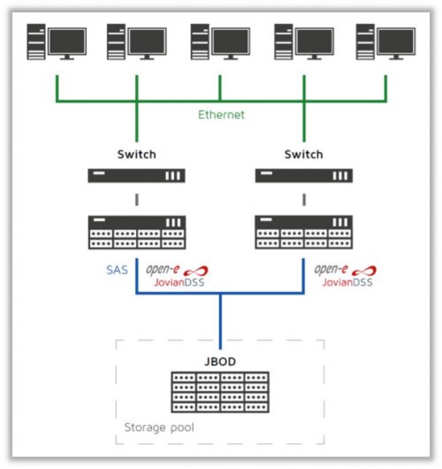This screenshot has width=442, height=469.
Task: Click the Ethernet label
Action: [220, 114]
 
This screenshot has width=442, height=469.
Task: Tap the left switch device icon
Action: [135, 176]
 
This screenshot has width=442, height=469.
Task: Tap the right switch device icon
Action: [304, 176]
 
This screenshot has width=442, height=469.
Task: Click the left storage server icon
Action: [135, 232]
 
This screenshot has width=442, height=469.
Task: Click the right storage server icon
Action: [304, 232]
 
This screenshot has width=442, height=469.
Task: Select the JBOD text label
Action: [219, 361]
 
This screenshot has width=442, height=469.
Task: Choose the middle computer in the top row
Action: [221, 42]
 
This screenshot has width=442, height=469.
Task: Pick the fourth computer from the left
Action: [304, 42]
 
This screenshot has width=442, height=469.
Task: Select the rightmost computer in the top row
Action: [385, 42]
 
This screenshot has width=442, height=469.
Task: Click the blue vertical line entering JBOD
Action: [220, 319]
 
